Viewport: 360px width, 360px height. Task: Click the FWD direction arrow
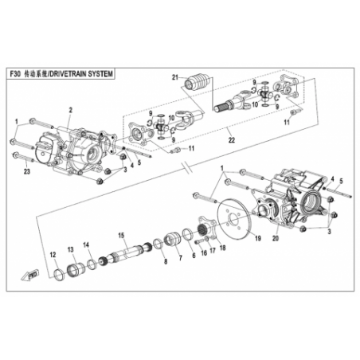point(30,275)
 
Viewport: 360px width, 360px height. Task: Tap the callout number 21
point(174,77)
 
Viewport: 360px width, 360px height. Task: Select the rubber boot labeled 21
point(198,82)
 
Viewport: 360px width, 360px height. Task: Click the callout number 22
point(232,140)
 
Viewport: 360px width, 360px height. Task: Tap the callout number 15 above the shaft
point(121,235)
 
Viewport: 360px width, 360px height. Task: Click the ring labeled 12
point(59,275)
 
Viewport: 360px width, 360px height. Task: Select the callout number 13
point(70,249)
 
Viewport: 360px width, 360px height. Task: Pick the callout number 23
point(27,172)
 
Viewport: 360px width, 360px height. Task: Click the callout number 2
point(71,110)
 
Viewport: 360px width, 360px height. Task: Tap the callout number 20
point(276,238)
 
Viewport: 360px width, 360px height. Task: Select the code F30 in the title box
point(14,74)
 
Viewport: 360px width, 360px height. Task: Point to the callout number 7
point(181,258)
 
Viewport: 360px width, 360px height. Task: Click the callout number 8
point(166,261)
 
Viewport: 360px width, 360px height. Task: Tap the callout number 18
point(223,248)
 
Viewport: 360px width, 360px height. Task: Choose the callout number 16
point(204,252)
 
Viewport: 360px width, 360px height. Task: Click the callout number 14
point(86,245)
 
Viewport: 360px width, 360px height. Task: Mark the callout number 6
point(194,255)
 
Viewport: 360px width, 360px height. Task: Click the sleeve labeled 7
point(172,239)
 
